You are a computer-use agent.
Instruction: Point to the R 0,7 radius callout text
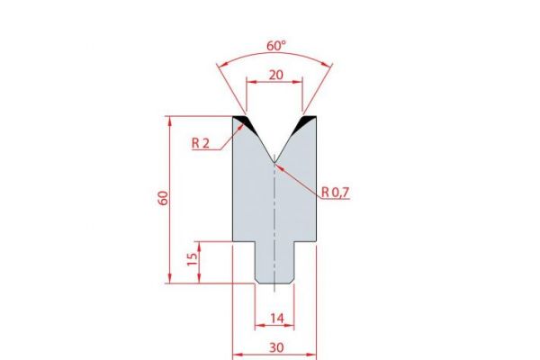(x=336, y=191)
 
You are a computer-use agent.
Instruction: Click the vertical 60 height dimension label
(x=163, y=199)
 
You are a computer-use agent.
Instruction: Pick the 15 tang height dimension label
(x=191, y=262)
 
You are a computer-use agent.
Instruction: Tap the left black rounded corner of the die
(x=241, y=120)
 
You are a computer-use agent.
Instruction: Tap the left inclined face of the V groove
(x=259, y=139)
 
